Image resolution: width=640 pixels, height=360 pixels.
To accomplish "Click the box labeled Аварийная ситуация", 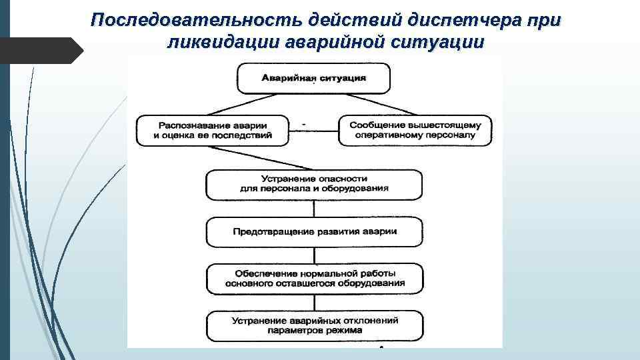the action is click(x=313, y=79).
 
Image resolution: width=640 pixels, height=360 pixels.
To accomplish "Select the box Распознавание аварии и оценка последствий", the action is click(x=213, y=131).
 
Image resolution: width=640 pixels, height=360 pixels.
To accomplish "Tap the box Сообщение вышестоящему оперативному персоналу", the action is click(x=415, y=131).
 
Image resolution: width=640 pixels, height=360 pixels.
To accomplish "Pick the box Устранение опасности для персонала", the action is click(x=313, y=185).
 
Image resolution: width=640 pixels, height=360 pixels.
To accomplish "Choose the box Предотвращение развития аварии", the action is click(x=313, y=232).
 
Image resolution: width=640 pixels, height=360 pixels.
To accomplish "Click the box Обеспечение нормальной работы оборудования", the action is click(x=313, y=279).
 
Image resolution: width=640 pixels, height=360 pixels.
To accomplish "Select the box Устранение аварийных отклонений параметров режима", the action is click(x=313, y=325).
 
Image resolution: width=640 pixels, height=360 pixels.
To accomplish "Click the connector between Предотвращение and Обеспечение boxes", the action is click(x=313, y=255).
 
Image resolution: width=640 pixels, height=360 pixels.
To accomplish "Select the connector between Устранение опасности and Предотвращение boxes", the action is click(x=313, y=208).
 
